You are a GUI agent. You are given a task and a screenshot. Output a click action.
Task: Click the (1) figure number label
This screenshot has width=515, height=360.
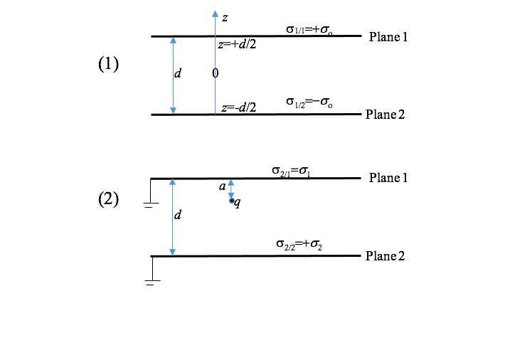108,64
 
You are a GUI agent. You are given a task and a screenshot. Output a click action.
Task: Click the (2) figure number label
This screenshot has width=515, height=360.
108,200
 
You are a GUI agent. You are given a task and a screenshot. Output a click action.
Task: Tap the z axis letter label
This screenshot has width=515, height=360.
225,17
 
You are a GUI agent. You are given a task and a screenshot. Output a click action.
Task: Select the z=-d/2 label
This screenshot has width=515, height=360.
238,108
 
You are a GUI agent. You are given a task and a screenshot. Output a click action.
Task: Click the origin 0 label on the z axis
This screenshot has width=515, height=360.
215,73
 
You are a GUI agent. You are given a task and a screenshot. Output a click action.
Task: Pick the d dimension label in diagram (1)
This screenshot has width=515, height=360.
177,73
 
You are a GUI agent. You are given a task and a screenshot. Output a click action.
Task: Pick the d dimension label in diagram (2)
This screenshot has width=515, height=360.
177,214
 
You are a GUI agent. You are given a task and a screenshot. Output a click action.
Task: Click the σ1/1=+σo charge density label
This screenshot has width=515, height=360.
309,29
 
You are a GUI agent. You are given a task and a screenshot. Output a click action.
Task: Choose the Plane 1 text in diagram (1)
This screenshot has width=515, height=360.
388,37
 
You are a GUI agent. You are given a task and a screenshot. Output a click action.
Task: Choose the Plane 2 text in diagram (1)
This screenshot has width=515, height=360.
385,115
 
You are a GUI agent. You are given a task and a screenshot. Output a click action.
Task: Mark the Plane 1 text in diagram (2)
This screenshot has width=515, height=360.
388,178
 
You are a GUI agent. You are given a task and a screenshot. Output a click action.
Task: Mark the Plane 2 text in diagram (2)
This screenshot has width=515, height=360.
385,256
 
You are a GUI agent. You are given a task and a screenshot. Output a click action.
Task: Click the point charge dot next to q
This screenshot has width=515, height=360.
231,201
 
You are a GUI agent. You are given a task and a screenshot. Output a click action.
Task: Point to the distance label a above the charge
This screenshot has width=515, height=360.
222,186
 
